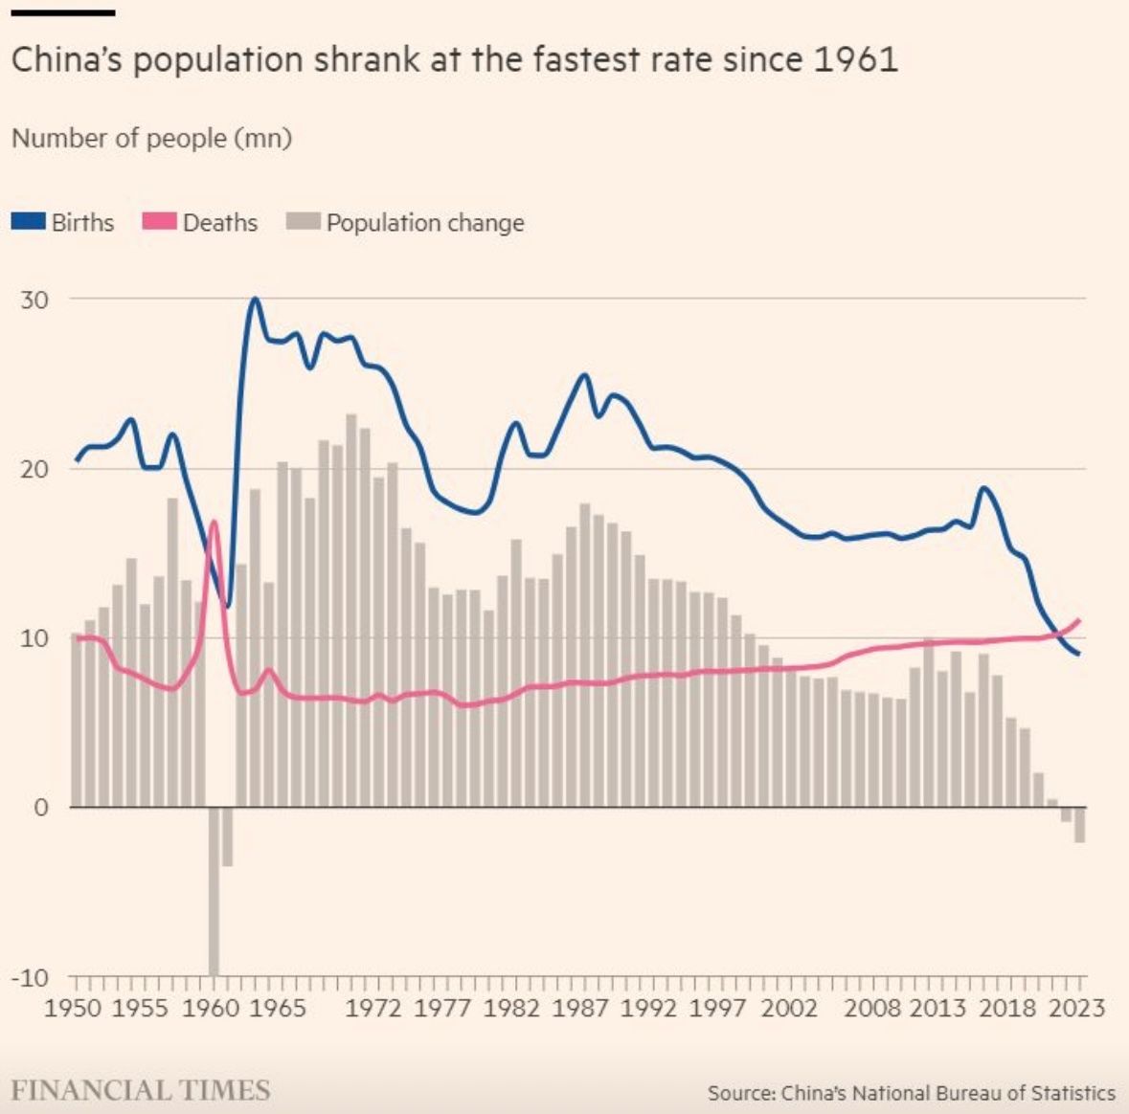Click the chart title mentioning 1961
point(454,60)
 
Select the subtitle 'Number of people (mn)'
point(151,138)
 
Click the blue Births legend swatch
point(29,222)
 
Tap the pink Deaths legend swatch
point(159,222)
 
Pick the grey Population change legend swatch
point(303,222)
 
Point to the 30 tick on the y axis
point(34,300)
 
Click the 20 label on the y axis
point(34,469)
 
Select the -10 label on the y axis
point(30,978)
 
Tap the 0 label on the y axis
point(41,808)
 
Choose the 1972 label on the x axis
point(373,1009)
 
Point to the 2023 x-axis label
point(1075,1009)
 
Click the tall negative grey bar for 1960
point(214,890)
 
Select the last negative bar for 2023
point(1080,825)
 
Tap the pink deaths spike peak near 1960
point(214,522)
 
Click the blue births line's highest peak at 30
point(255,300)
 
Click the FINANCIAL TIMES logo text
point(141,1090)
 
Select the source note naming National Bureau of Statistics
point(911,1093)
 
